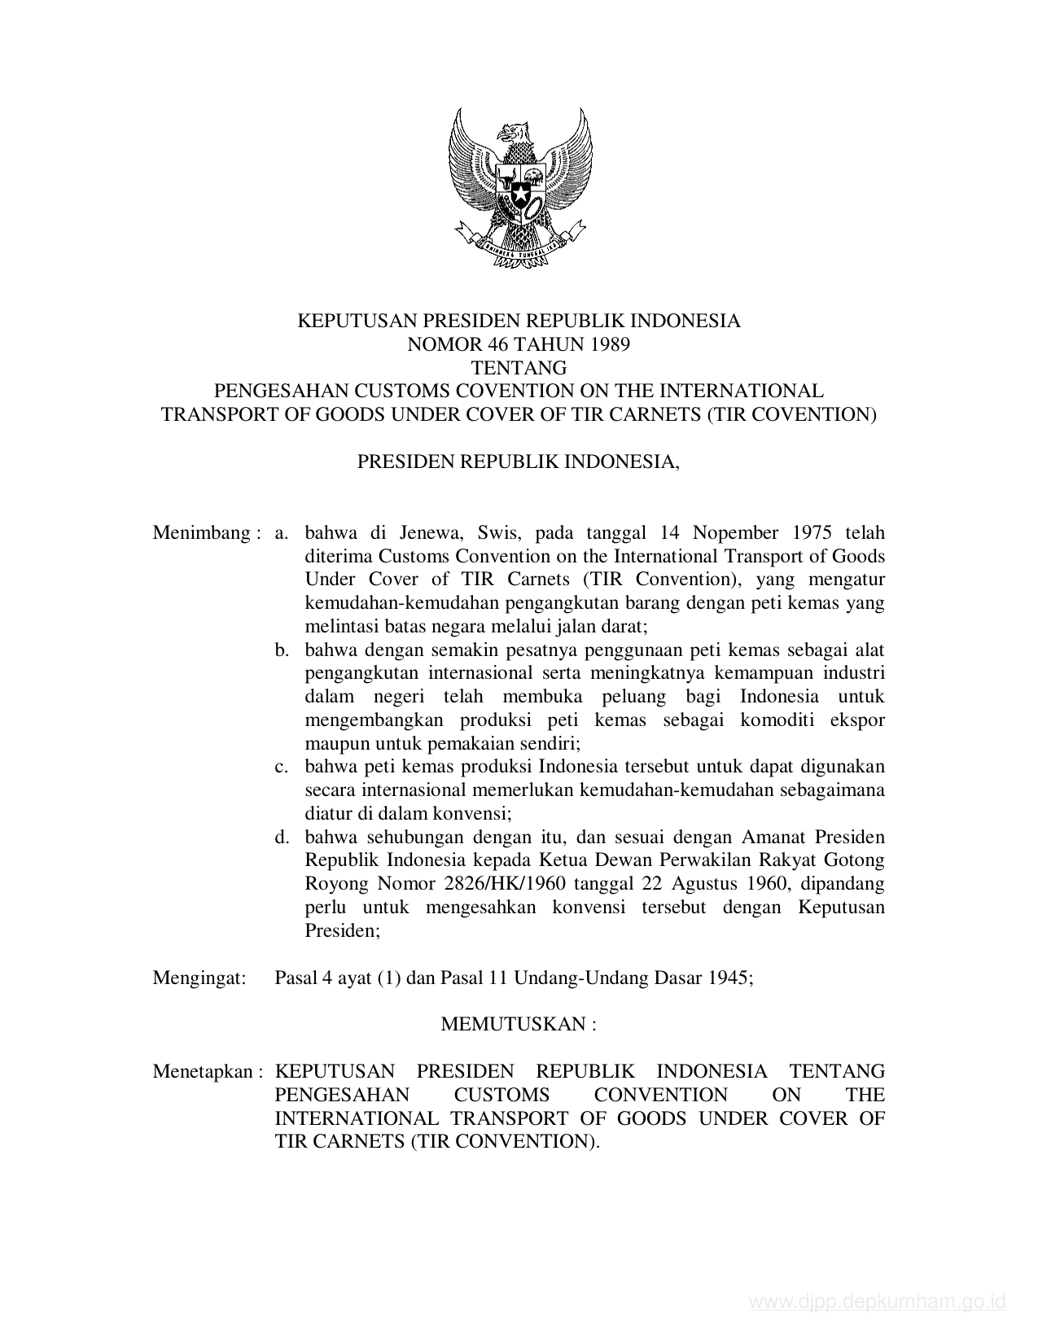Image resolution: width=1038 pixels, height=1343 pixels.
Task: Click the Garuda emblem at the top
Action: (519, 188)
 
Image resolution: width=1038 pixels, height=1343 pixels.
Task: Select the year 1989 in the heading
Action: (609, 344)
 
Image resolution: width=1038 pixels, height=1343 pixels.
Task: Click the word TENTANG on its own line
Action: (519, 368)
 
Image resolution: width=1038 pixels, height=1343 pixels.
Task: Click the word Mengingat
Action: (199, 978)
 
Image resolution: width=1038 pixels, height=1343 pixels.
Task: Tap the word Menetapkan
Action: (203, 1071)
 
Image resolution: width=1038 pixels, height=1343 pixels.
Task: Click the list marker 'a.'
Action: (282, 533)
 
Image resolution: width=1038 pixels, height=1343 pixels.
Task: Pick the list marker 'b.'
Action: (282, 650)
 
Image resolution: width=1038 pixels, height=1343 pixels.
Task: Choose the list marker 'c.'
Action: (282, 767)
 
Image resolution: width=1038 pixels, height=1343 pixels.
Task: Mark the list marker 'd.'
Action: (282, 838)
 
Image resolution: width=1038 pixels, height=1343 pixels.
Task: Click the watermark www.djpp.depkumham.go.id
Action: (877, 1302)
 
